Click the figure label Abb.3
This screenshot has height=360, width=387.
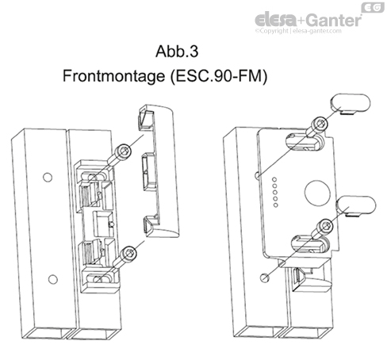177,52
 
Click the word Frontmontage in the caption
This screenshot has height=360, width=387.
114,77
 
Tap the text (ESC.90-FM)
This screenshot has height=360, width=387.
218,77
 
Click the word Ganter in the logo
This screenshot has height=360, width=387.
334,20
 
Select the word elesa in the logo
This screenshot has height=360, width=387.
275,19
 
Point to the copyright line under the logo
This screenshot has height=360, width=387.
298,31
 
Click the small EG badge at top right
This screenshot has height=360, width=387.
373,7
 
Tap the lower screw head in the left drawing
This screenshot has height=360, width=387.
129,253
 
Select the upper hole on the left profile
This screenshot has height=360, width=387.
48,178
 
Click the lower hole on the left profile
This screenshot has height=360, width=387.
53,279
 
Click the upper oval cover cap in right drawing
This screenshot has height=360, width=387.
351,103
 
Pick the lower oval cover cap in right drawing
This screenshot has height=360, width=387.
356,206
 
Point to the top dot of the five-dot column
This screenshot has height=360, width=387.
274,179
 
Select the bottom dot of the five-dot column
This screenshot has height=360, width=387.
276,205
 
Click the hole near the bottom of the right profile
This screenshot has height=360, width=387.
264,278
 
